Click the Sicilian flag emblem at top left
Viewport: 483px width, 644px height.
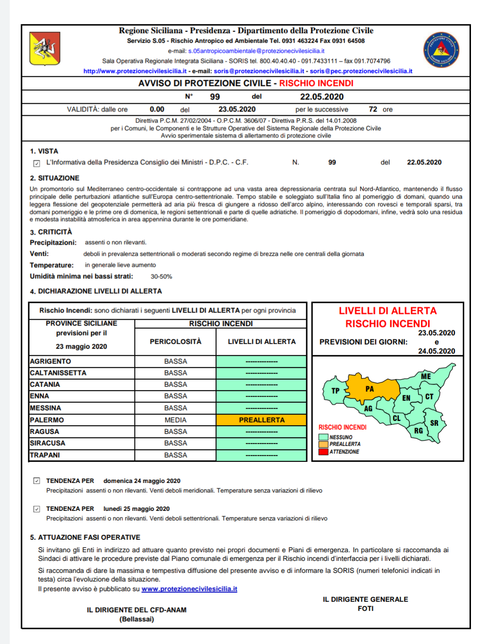[x=45, y=48]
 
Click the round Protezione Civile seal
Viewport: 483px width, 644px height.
[x=441, y=50]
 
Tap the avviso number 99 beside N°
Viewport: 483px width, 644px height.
[x=215, y=97]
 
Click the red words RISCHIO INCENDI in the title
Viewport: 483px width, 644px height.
[x=316, y=83]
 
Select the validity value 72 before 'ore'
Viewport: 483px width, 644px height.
[x=373, y=110]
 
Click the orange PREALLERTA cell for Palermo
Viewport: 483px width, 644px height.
[x=261, y=420]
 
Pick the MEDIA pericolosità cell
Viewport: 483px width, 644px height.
[x=175, y=420]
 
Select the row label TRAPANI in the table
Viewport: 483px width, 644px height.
[x=45, y=455]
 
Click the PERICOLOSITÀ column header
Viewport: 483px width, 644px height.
[x=175, y=342]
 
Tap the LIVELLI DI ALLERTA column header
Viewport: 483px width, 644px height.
[x=261, y=342]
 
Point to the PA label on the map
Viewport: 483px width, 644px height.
[x=370, y=389]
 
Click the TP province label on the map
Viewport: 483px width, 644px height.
[x=335, y=391]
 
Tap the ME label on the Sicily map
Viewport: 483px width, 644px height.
[x=426, y=376]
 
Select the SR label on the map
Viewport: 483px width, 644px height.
[x=434, y=423]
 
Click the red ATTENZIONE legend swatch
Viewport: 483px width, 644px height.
[x=323, y=452]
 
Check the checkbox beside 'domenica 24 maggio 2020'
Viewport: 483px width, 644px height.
[x=37, y=481]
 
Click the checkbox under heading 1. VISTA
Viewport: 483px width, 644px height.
[x=37, y=163]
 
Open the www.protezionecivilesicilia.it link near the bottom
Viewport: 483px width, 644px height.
[x=189, y=589]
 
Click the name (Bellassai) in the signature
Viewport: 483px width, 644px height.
[x=136, y=619]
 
